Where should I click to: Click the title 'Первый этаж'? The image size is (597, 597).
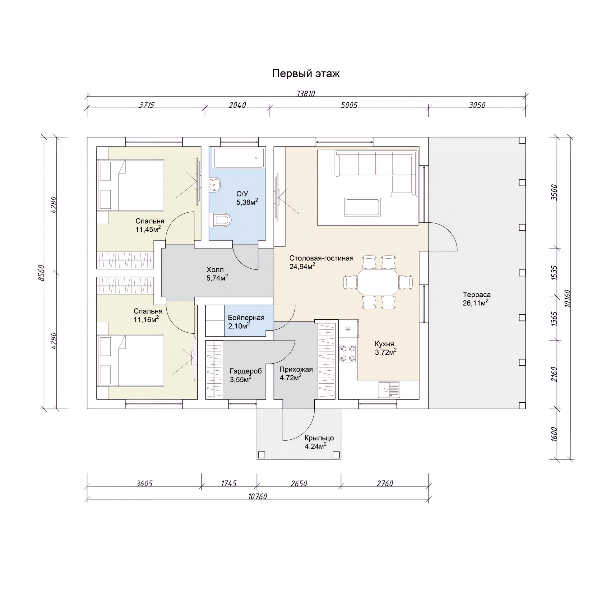[306, 73]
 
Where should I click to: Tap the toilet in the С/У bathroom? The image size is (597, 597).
[220, 220]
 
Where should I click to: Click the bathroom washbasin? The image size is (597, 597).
[215, 184]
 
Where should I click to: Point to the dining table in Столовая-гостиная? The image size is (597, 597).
[378, 282]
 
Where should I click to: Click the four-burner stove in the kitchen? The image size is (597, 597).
[348, 353]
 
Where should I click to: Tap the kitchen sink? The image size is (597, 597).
[389, 390]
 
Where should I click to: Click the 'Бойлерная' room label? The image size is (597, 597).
[246, 318]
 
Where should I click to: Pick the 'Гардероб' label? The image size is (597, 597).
[246, 371]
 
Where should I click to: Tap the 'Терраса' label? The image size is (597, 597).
[477, 295]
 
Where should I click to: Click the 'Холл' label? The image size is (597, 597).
[215, 270]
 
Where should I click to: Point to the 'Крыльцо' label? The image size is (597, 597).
[319, 438]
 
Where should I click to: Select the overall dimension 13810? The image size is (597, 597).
[306, 94]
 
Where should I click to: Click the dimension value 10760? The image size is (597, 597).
[258, 497]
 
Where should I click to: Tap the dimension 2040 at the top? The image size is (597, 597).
[237, 105]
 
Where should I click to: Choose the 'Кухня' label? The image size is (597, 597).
[384, 344]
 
